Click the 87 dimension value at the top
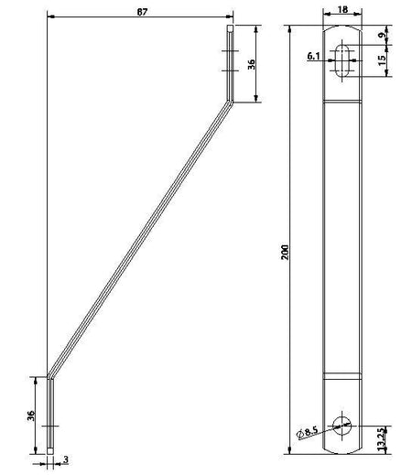142,12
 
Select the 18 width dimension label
342,9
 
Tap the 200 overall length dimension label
285,252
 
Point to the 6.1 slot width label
313,56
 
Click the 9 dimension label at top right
382,35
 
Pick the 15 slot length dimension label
382,60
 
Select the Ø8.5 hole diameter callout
308,433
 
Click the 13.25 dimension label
382,439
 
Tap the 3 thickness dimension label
66,459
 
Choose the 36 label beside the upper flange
251,64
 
